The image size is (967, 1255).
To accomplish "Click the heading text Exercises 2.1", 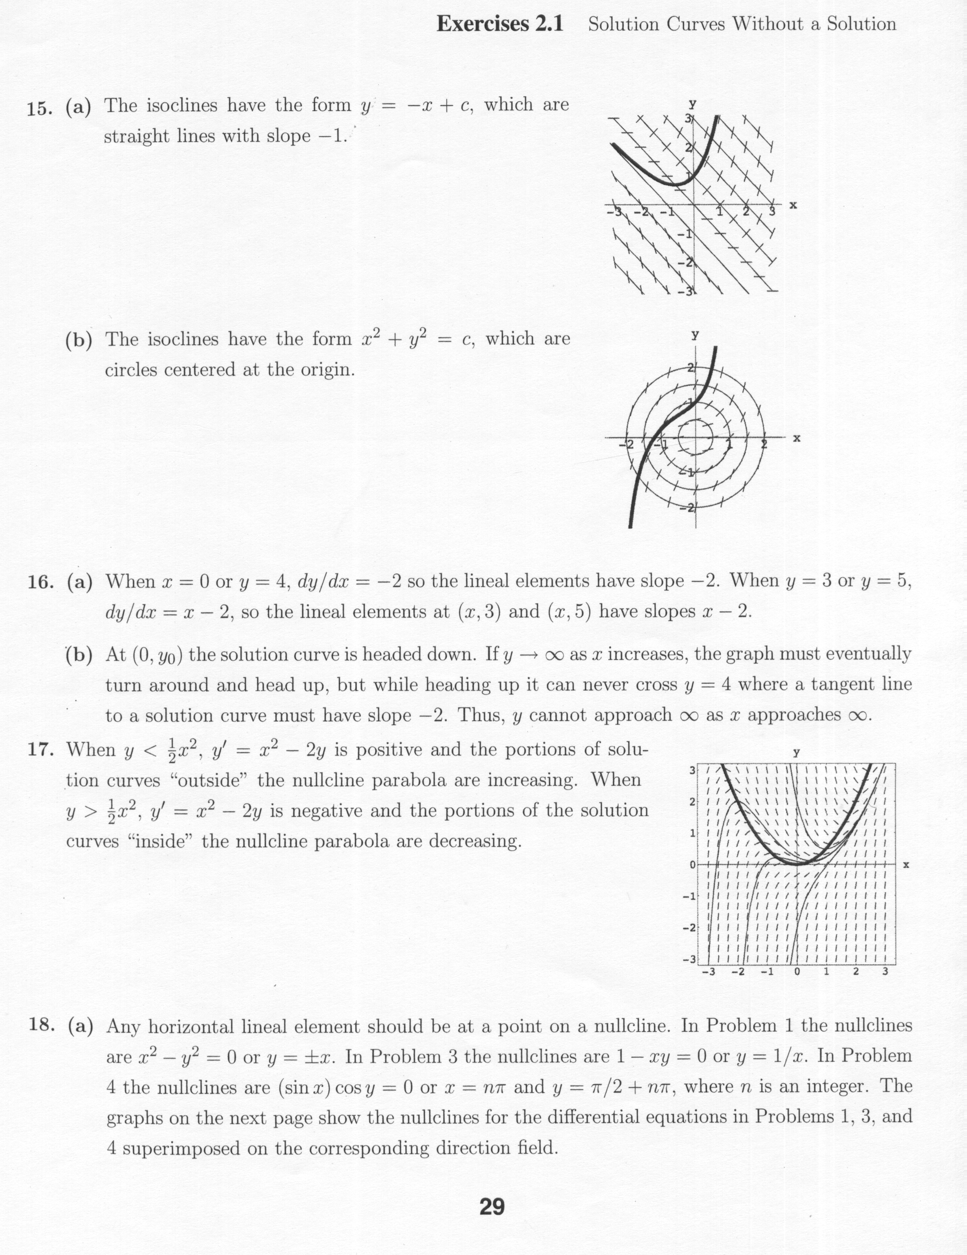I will click(499, 24).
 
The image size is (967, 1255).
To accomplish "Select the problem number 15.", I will click(40, 108).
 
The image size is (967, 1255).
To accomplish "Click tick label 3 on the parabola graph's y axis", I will click(692, 769).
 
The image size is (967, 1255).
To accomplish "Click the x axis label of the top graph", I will click(793, 205).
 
